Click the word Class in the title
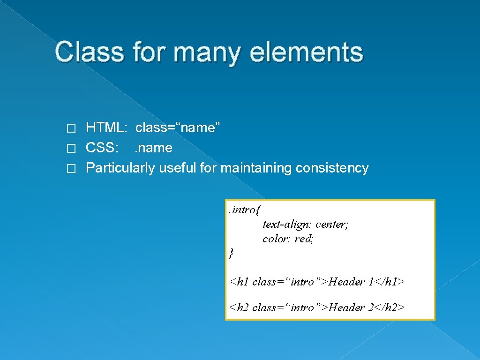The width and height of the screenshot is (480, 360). click(89, 52)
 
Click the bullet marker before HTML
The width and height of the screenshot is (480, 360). click(70, 128)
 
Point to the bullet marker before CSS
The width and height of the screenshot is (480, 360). click(70, 149)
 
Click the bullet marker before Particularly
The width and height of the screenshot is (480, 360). click(70, 169)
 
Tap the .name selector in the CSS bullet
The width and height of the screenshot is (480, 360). click(153, 148)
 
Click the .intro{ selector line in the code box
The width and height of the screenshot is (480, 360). click(244, 210)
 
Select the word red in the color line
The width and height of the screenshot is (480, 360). click(303, 239)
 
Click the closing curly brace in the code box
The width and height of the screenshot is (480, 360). click(231, 254)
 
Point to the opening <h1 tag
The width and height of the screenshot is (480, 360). click(239, 282)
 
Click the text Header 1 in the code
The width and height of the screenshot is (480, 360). click(351, 282)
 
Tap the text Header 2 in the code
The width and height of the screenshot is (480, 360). click(351, 307)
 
